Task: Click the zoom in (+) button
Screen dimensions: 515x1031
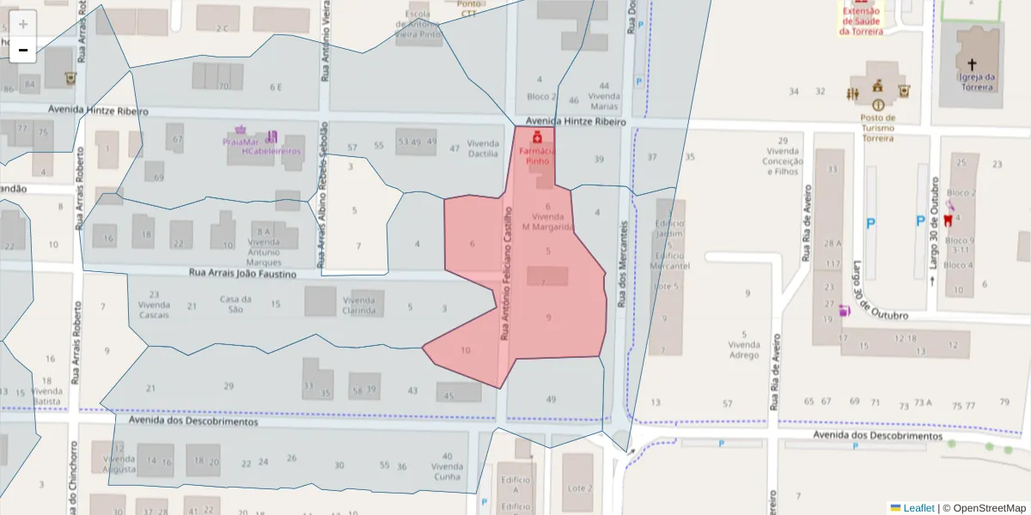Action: pyautogui.click(x=23, y=24)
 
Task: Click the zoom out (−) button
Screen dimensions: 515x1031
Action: pyautogui.click(x=23, y=50)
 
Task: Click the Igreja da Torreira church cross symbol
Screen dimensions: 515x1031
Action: pyautogui.click(x=972, y=64)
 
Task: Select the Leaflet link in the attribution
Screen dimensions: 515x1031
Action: pyautogui.click(x=918, y=508)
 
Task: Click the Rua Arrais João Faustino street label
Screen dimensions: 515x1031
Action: pyautogui.click(x=241, y=274)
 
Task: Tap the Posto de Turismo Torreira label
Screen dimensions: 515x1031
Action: pyautogui.click(x=877, y=128)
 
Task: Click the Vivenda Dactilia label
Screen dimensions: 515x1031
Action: pyautogui.click(x=482, y=148)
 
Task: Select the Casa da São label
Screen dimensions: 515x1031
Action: pyautogui.click(x=235, y=305)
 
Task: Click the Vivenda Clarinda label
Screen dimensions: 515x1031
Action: pyautogui.click(x=358, y=306)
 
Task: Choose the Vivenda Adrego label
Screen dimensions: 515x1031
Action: pyautogui.click(x=743, y=349)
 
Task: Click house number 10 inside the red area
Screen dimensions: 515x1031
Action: pyautogui.click(x=466, y=350)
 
